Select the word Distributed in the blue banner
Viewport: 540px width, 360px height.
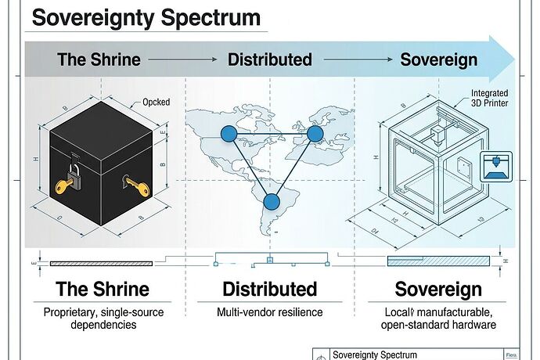click(x=269, y=59)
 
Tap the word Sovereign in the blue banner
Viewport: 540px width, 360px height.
click(x=439, y=59)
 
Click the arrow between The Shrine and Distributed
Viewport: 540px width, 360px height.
click(x=182, y=59)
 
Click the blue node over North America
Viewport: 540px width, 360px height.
click(x=228, y=134)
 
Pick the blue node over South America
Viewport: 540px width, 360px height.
click(x=271, y=203)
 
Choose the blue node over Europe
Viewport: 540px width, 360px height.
click(x=315, y=134)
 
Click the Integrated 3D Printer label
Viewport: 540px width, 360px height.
click(x=488, y=99)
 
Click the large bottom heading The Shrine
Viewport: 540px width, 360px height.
click(x=103, y=290)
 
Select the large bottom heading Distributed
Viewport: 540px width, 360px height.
click(x=269, y=290)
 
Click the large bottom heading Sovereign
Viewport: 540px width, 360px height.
click(x=438, y=290)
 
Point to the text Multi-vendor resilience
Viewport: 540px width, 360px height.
click(x=269, y=313)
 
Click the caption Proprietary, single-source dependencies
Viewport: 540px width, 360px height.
click(x=103, y=319)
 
